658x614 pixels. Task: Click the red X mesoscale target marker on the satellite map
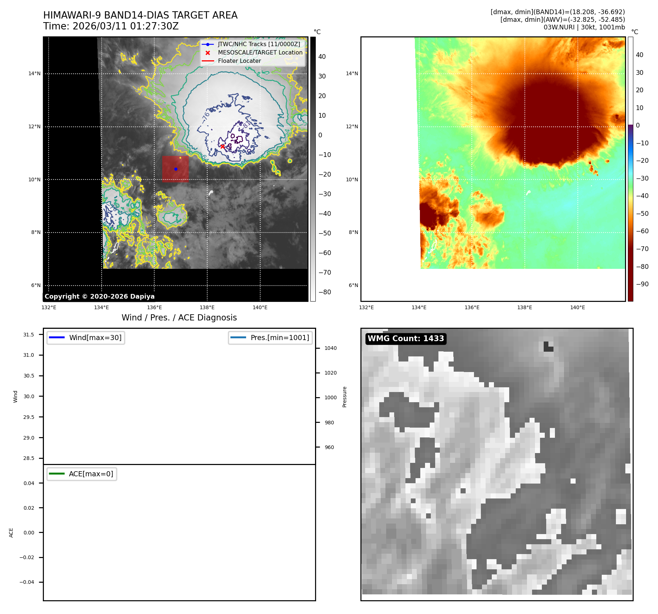(222, 146)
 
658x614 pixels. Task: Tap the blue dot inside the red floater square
(176, 169)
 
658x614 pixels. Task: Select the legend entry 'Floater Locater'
(240, 61)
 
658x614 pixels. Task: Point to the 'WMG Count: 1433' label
(406, 339)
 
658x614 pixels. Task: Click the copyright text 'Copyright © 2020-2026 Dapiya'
(99, 296)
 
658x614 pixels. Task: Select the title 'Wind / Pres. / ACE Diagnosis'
(179, 318)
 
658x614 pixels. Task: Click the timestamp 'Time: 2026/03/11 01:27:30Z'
(111, 26)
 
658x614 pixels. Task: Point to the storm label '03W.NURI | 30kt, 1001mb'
(584, 27)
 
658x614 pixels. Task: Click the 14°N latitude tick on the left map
(34, 74)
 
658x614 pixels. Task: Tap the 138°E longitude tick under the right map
(524, 308)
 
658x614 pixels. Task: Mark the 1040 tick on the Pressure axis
(331, 348)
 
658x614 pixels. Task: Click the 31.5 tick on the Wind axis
(29, 335)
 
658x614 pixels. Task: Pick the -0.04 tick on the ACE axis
(27, 582)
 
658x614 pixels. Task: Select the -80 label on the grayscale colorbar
(325, 292)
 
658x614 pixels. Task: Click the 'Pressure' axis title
(345, 397)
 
